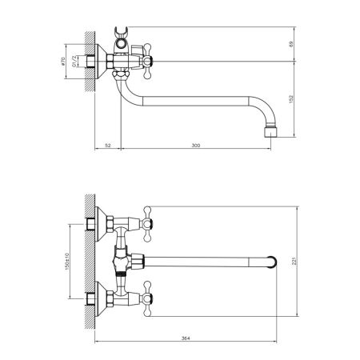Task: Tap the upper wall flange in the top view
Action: tap(102, 223)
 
